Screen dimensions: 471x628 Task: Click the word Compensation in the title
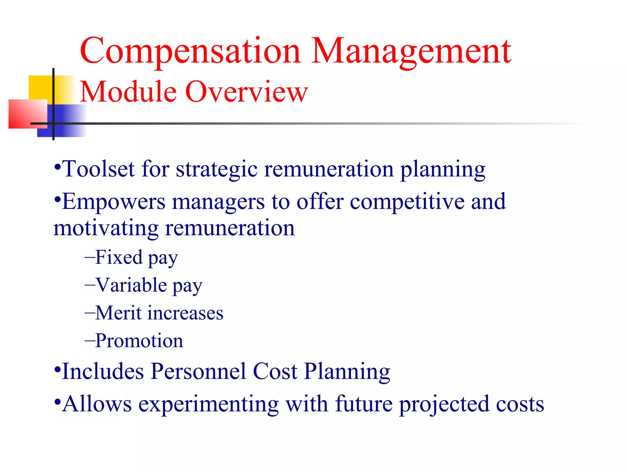(190, 52)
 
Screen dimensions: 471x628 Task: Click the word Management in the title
(411, 52)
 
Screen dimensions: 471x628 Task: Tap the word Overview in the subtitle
(247, 92)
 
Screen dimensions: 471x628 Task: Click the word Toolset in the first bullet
(98, 169)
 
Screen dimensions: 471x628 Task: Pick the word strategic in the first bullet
(216, 170)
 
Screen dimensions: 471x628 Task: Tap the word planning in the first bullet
(443, 170)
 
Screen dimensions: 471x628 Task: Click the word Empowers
(114, 202)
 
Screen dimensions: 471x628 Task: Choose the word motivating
(106, 228)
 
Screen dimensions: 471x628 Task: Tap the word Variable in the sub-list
(132, 285)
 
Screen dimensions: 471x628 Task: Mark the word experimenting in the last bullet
(209, 404)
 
